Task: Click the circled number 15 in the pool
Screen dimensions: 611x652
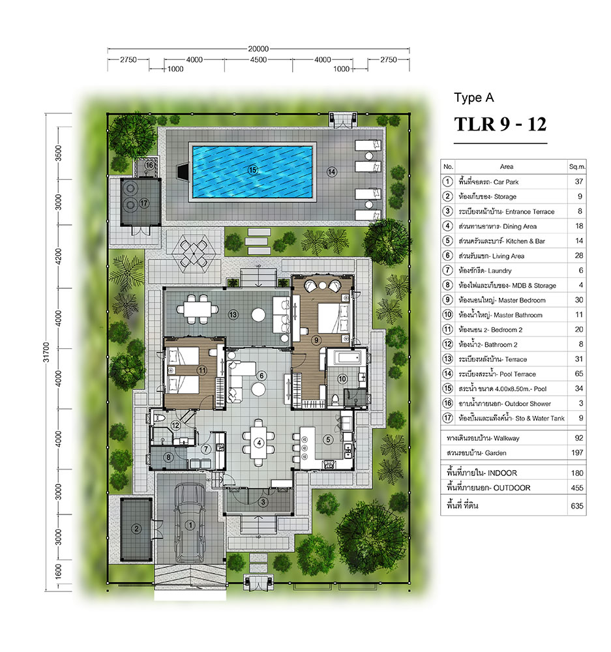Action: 252,170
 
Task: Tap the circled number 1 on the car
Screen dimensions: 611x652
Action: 190,525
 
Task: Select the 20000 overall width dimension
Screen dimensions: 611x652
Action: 258,49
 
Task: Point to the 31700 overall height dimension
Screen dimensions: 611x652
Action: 46,352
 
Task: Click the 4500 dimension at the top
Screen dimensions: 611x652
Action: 258,59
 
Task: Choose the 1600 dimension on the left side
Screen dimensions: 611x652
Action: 58,571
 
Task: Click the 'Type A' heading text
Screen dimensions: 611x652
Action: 474,98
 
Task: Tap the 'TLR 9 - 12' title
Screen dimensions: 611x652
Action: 500,125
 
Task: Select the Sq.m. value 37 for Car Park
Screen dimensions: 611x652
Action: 579,181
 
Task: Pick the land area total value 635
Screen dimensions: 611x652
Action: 577,506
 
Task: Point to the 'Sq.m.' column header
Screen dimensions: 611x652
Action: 577,167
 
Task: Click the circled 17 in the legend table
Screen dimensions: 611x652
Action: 447,418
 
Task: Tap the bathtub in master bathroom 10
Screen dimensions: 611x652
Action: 346,357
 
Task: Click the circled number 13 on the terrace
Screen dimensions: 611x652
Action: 233,315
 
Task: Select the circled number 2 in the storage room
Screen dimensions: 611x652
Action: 136,529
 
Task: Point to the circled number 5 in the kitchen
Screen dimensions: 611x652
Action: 328,439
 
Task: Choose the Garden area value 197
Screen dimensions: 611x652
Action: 577,452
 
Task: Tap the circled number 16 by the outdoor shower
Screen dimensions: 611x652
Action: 149,165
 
